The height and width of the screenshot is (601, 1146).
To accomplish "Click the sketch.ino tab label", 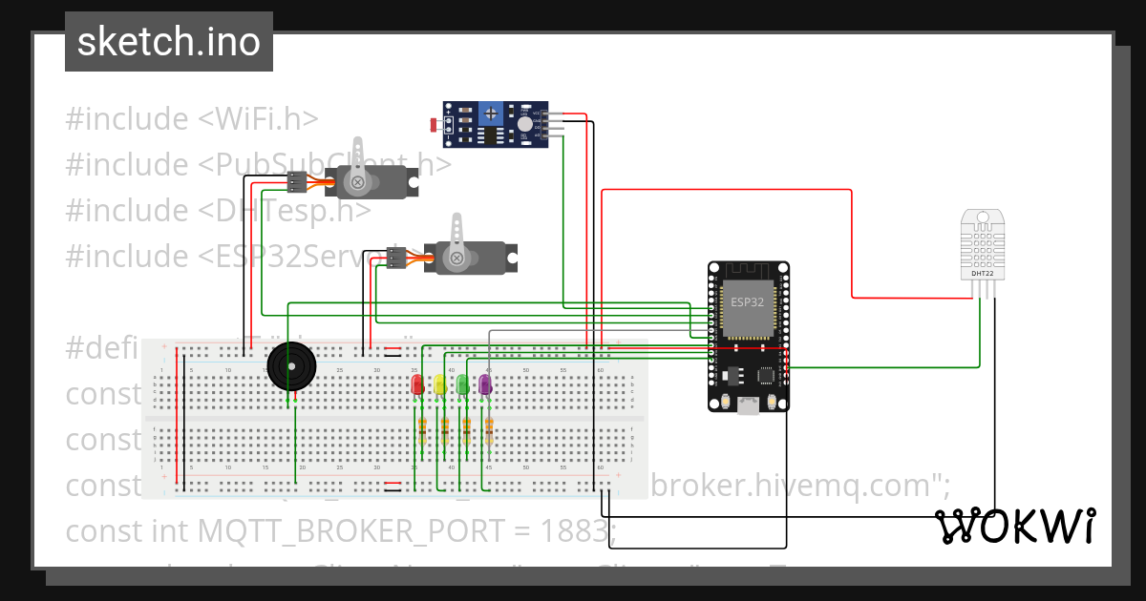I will coord(168,42).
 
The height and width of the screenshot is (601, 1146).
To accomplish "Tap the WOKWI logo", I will coord(1014,526).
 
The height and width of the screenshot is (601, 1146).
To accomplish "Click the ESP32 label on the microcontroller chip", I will coord(747,302).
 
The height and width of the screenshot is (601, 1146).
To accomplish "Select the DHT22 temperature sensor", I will coord(983,245).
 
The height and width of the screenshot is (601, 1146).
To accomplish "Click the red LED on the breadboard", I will coord(416,384).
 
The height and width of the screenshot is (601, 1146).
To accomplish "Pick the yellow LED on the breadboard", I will coord(439,384).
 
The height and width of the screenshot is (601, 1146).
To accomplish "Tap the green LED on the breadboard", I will coord(462,384).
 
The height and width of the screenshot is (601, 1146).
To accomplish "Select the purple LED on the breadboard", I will coord(484,384).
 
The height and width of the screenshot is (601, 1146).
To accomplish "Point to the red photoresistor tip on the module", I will coord(435,125).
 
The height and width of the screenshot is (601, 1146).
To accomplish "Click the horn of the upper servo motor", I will coord(358,163).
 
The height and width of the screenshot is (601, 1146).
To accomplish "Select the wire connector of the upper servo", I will coord(298,181).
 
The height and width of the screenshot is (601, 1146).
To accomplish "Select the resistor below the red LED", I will coord(420,431).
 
